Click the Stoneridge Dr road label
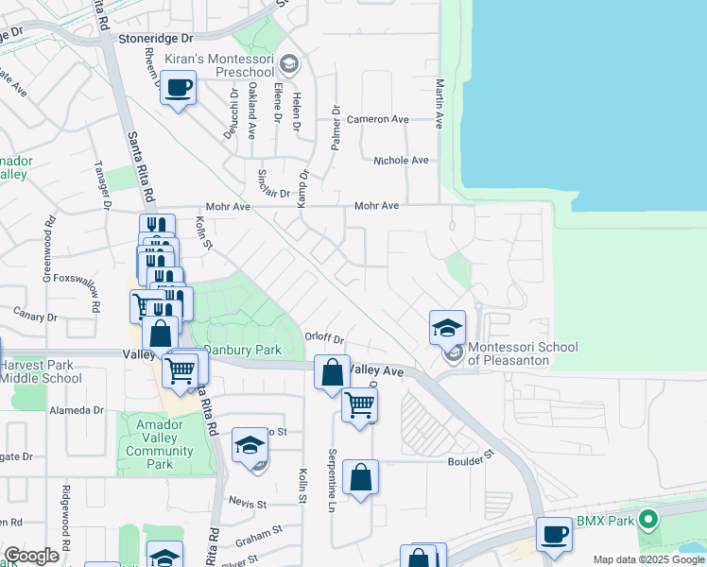(x=157, y=40)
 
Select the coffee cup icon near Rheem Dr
(x=178, y=89)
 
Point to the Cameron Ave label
(x=377, y=120)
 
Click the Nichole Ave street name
(x=401, y=161)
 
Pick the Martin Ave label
(x=440, y=104)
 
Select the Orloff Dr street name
(x=324, y=337)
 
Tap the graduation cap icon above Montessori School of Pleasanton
(x=447, y=328)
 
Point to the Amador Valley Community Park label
(x=159, y=444)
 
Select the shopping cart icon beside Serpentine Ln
(x=359, y=406)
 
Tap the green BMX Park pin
(x=647, y=519)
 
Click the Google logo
(x=31, y=556)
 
